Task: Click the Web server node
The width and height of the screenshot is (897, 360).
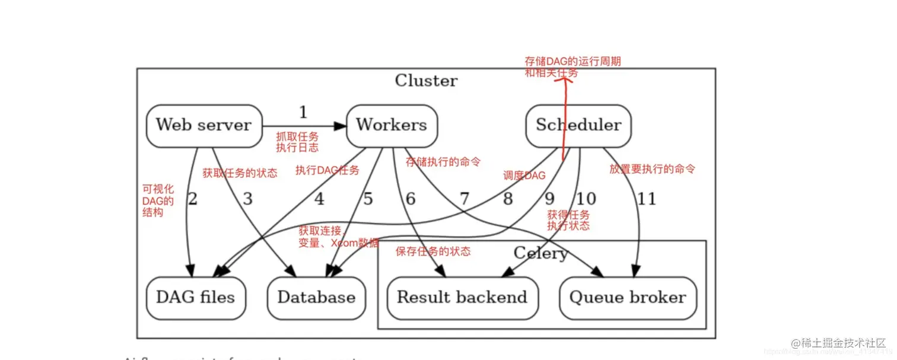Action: coord(203,126)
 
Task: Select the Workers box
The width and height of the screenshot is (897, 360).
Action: coord(392,126)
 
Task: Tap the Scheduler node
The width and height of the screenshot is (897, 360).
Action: coord(578,125)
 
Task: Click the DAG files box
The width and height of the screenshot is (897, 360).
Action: coord(195,297)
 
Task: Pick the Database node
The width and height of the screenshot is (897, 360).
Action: coord(316,297)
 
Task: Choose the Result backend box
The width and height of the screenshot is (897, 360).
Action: coord(462,297)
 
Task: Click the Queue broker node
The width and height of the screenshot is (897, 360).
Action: coord(628,297)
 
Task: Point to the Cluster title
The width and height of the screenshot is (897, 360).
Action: coord(426,81)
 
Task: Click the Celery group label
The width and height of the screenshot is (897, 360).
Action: coord(540,254)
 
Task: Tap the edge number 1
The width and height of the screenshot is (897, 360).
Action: coord(303,112)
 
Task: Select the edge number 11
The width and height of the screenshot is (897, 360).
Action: coord(647,199)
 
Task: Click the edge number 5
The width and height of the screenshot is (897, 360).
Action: coord(368,199)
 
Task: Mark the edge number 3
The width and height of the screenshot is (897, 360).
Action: coord(247,199)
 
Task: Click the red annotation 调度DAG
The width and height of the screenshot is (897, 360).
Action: coord(524,176)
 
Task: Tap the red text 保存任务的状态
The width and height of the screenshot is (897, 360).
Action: coord(433,251)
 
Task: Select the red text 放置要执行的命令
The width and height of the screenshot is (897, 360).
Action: coord(652,169)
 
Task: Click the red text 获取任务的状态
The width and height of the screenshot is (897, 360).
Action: coord(240,173)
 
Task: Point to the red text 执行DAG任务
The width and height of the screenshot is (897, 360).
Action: coord(327,170)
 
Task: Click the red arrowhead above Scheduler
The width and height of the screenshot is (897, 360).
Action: coord(564,83)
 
